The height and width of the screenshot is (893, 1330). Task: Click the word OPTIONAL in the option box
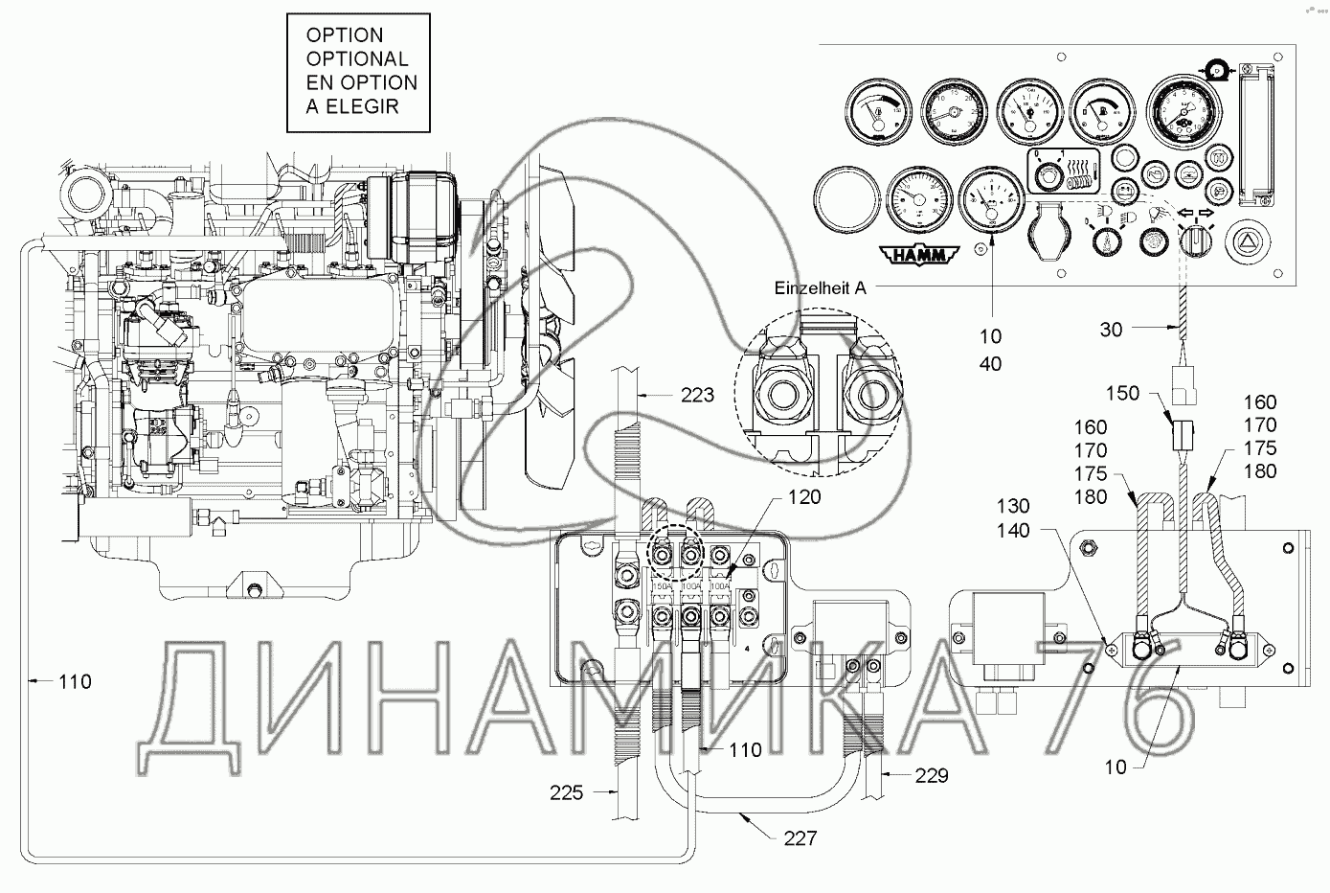tap(356, 59)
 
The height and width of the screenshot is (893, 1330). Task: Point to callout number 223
tap(695, 394)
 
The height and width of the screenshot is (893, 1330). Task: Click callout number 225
tap(568, 792)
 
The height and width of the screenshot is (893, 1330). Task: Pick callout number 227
tap(800, 838)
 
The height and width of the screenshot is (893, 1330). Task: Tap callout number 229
tap(930, 775)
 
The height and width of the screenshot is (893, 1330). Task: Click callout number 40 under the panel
tap(990, 364)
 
